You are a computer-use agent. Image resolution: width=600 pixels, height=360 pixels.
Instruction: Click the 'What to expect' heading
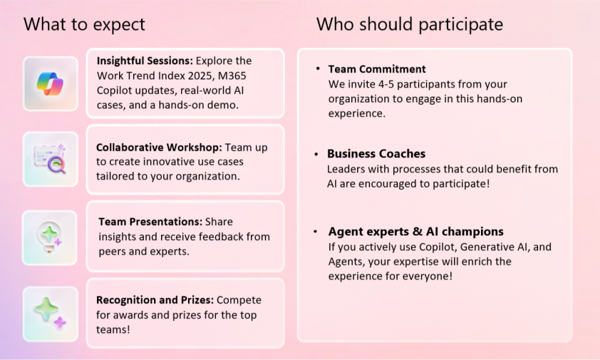tap(84, 24)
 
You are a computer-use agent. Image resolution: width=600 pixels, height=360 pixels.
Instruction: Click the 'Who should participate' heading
tap(410, 24)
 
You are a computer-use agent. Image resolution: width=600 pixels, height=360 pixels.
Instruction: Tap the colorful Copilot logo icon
tap(50, 84)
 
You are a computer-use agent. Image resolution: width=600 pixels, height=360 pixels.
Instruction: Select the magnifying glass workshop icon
tap(50, 158)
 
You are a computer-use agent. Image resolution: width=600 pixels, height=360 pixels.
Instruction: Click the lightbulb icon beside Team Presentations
tap(49, 237)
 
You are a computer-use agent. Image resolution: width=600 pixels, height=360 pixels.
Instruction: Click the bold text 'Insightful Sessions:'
tap(145, 61)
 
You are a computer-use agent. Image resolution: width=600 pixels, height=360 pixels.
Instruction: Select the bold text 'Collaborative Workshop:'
tap(159, 148)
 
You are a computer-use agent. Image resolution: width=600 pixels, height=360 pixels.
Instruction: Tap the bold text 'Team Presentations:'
tap(150, 222)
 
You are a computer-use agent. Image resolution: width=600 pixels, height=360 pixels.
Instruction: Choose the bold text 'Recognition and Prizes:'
tap(155, 300)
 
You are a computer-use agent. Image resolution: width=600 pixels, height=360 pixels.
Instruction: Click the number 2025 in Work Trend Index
tap(201, 76)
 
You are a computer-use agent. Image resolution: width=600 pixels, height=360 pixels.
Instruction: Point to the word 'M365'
tap(232, 76)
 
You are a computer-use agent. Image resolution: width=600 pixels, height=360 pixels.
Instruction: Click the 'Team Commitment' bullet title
tap(377, 69)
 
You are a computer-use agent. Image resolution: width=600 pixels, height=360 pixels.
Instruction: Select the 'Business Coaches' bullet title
tap(376, 153)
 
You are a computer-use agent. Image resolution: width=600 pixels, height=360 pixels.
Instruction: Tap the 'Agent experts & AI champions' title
tap(416, 232)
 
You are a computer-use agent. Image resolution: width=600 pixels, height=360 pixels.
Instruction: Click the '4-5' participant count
tap(386, 84)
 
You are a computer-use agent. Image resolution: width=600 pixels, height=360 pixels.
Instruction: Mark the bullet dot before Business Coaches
tap(316, 155)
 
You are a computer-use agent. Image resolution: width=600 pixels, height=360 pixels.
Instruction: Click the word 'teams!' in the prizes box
tap(113, 330)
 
